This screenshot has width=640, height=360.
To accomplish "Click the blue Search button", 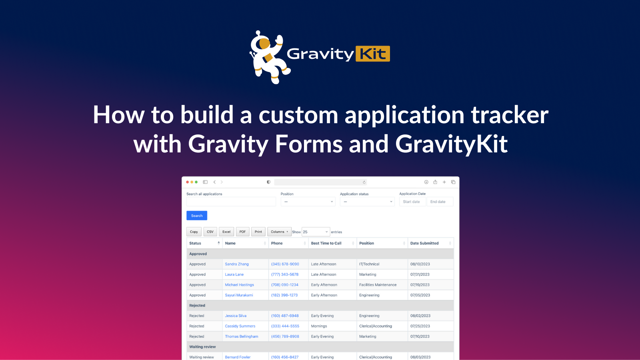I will (x=197, y=216).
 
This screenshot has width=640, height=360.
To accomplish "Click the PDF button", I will (x=242, y=232).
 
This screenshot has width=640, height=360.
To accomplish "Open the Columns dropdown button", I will (x=279, y=232).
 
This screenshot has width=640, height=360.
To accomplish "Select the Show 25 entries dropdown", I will (x=316, y=232).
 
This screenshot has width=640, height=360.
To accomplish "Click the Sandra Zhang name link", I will (x=237, y=264).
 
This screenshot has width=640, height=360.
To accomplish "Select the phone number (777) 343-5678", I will (x=285, y=274).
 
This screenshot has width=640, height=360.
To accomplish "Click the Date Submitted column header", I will (x=425, y=243).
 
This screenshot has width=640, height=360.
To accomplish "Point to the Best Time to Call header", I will (x=326, y=243).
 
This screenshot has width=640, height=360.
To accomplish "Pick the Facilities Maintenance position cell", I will (x=378, y=285).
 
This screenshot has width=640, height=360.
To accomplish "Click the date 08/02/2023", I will (x=420, y=316).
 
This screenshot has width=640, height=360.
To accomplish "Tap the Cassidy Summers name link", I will (x=240, y=326).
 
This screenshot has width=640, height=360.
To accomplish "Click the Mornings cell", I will (x=319, y=326).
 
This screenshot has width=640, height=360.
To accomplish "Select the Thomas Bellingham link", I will (x=242, y=336).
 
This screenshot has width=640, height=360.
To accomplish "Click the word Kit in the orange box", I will (x=373, y=54).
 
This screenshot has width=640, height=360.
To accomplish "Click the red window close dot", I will (x=188, y=182).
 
